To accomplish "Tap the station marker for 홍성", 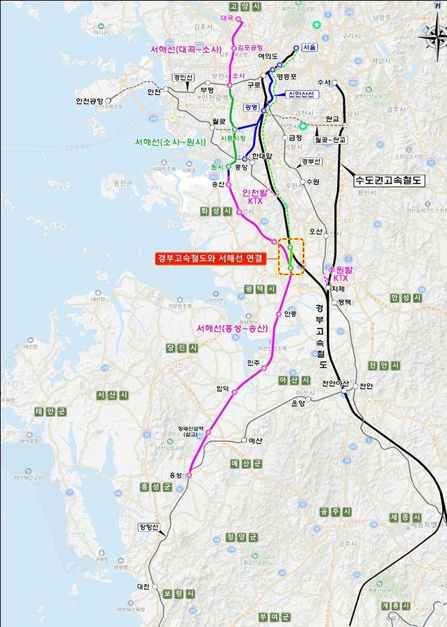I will coord(187,475).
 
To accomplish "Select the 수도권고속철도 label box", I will coord(389,180).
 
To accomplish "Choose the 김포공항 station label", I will coord(250,48).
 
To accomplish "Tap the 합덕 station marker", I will coord(235,392).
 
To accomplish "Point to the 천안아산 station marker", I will coord(345,392).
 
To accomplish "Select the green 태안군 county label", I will coord(49,411).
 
